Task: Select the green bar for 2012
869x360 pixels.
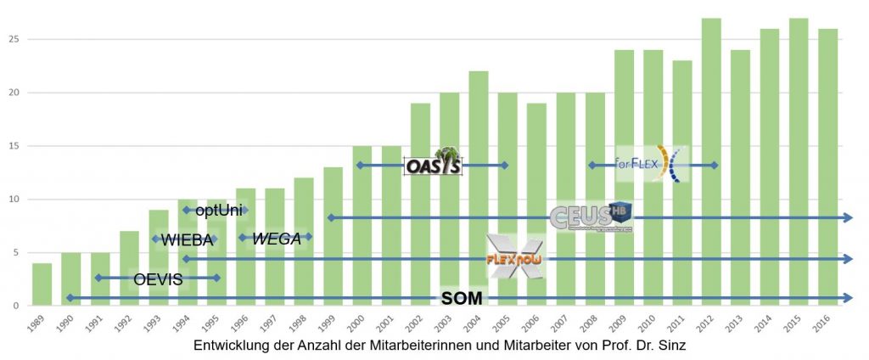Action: (x=711, y=161)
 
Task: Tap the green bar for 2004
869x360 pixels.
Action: (x=479, y=188)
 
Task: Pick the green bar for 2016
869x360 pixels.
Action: (x=827, y=166)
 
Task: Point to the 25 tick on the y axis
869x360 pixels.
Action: (x=14, y=39)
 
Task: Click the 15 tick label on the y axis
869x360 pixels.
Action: (x=14, y=146)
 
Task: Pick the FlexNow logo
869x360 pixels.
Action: (x=515, y=258)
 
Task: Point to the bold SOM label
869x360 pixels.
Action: (x=462, y=298)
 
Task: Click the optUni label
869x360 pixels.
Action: (x=219, y=210)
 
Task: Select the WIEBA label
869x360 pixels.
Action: (x=187, y=240)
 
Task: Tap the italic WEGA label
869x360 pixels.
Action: (x=277, y=239)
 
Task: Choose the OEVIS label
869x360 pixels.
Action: (x=158, y=278)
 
